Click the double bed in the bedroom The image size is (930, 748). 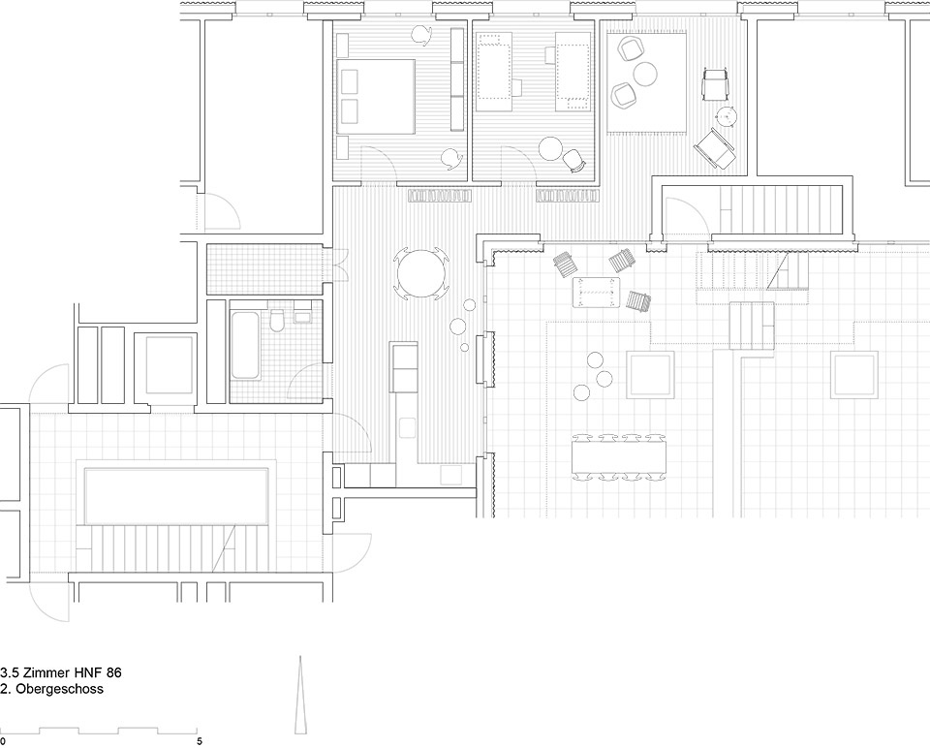[376, 96]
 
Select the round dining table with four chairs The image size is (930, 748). [421, 273]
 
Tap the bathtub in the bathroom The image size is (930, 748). [244, 345]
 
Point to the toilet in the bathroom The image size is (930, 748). [276, 321]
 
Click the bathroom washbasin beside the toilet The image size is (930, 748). [302, 316]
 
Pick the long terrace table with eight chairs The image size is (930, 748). [619, 455]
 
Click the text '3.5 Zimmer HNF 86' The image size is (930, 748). [61, 672]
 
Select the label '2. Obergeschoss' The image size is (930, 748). [52, 689]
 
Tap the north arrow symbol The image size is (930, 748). [300, 695]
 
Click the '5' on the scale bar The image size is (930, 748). [200, 741]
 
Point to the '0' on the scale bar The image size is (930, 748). [3, 741]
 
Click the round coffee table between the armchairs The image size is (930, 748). [645, 74]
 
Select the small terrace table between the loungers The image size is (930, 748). [596, 293]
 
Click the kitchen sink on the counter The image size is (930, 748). [408, 427]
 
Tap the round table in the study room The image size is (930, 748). [550, 148]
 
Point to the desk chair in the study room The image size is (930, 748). [573, 160]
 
